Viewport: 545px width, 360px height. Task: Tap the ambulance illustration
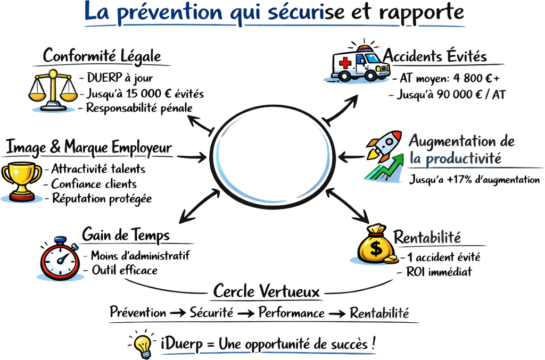359,63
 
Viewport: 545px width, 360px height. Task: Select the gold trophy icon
21,181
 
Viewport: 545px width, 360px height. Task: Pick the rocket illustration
383,147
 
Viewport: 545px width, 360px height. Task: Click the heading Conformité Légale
102,56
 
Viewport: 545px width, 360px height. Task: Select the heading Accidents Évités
435,56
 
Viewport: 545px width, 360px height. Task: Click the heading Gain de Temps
126,235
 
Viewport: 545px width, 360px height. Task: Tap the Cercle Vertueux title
266,291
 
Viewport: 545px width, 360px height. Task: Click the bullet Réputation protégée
102,198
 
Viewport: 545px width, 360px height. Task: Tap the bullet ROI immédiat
439,272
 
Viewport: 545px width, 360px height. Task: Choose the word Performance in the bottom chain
292,313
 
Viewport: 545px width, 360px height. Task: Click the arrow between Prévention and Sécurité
178,313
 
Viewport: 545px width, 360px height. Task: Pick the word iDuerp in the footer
181,345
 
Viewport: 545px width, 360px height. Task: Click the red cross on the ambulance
345,63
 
